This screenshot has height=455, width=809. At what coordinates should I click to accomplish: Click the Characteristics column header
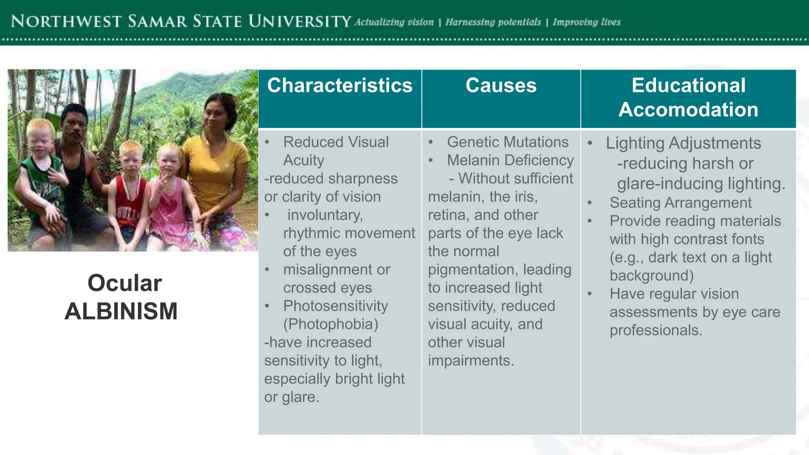point(340,86)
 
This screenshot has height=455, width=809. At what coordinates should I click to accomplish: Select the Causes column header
point(501,86)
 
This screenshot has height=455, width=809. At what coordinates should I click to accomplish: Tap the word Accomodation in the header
point(688,109)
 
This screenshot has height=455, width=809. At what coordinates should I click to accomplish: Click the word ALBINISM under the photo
point(121,311)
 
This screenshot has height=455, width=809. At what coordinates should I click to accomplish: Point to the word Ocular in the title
point(124,283)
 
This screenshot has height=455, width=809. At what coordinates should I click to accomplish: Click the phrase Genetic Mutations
point(508,142)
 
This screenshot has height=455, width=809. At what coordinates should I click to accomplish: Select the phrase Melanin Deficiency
point(510,160)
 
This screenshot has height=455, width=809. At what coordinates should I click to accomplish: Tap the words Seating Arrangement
point(680,203)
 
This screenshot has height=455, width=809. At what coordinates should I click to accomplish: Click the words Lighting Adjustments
point(683,143)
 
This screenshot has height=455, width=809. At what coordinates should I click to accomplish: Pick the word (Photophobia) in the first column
point(331,324)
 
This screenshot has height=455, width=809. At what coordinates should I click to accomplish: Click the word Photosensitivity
point(335,306)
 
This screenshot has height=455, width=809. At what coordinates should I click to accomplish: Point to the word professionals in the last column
point(655,330)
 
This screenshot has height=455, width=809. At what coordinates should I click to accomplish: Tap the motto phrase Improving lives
point(587,22)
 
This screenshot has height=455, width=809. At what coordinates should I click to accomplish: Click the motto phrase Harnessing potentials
point(493,22)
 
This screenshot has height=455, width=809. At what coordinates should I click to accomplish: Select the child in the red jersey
point(129,197)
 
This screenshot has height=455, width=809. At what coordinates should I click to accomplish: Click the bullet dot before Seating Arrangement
point(589,203)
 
